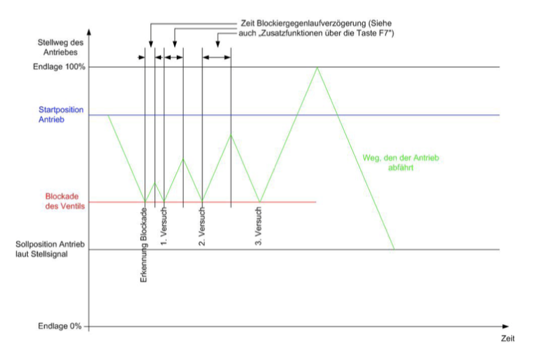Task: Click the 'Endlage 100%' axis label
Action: pos(59,67)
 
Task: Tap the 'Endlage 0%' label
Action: pos(60,326)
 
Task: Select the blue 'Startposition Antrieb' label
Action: pos(61,115)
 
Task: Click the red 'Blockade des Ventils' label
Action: pos(65,201)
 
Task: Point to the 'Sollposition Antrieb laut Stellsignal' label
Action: pos(50,249)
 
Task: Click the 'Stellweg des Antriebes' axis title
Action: pos(60,48)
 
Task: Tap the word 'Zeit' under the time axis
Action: pos(508,338)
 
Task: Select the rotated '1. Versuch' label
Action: pos(164,226)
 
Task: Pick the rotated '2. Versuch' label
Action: pos(202,226)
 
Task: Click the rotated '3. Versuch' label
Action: pos(258,226)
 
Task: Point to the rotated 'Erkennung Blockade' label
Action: pos(143,245)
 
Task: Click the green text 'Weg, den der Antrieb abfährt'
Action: pos(401,163)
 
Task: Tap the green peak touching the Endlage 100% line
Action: pos(317,67)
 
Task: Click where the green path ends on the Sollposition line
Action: pos(394,249)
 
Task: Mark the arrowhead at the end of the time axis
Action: pos(506,326)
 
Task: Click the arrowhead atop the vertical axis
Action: pos(89,32)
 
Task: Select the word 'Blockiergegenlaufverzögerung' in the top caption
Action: pos(311,24)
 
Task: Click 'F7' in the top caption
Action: pos(385,33)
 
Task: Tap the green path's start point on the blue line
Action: pos(108,115)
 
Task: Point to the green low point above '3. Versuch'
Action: pos(260,202)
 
